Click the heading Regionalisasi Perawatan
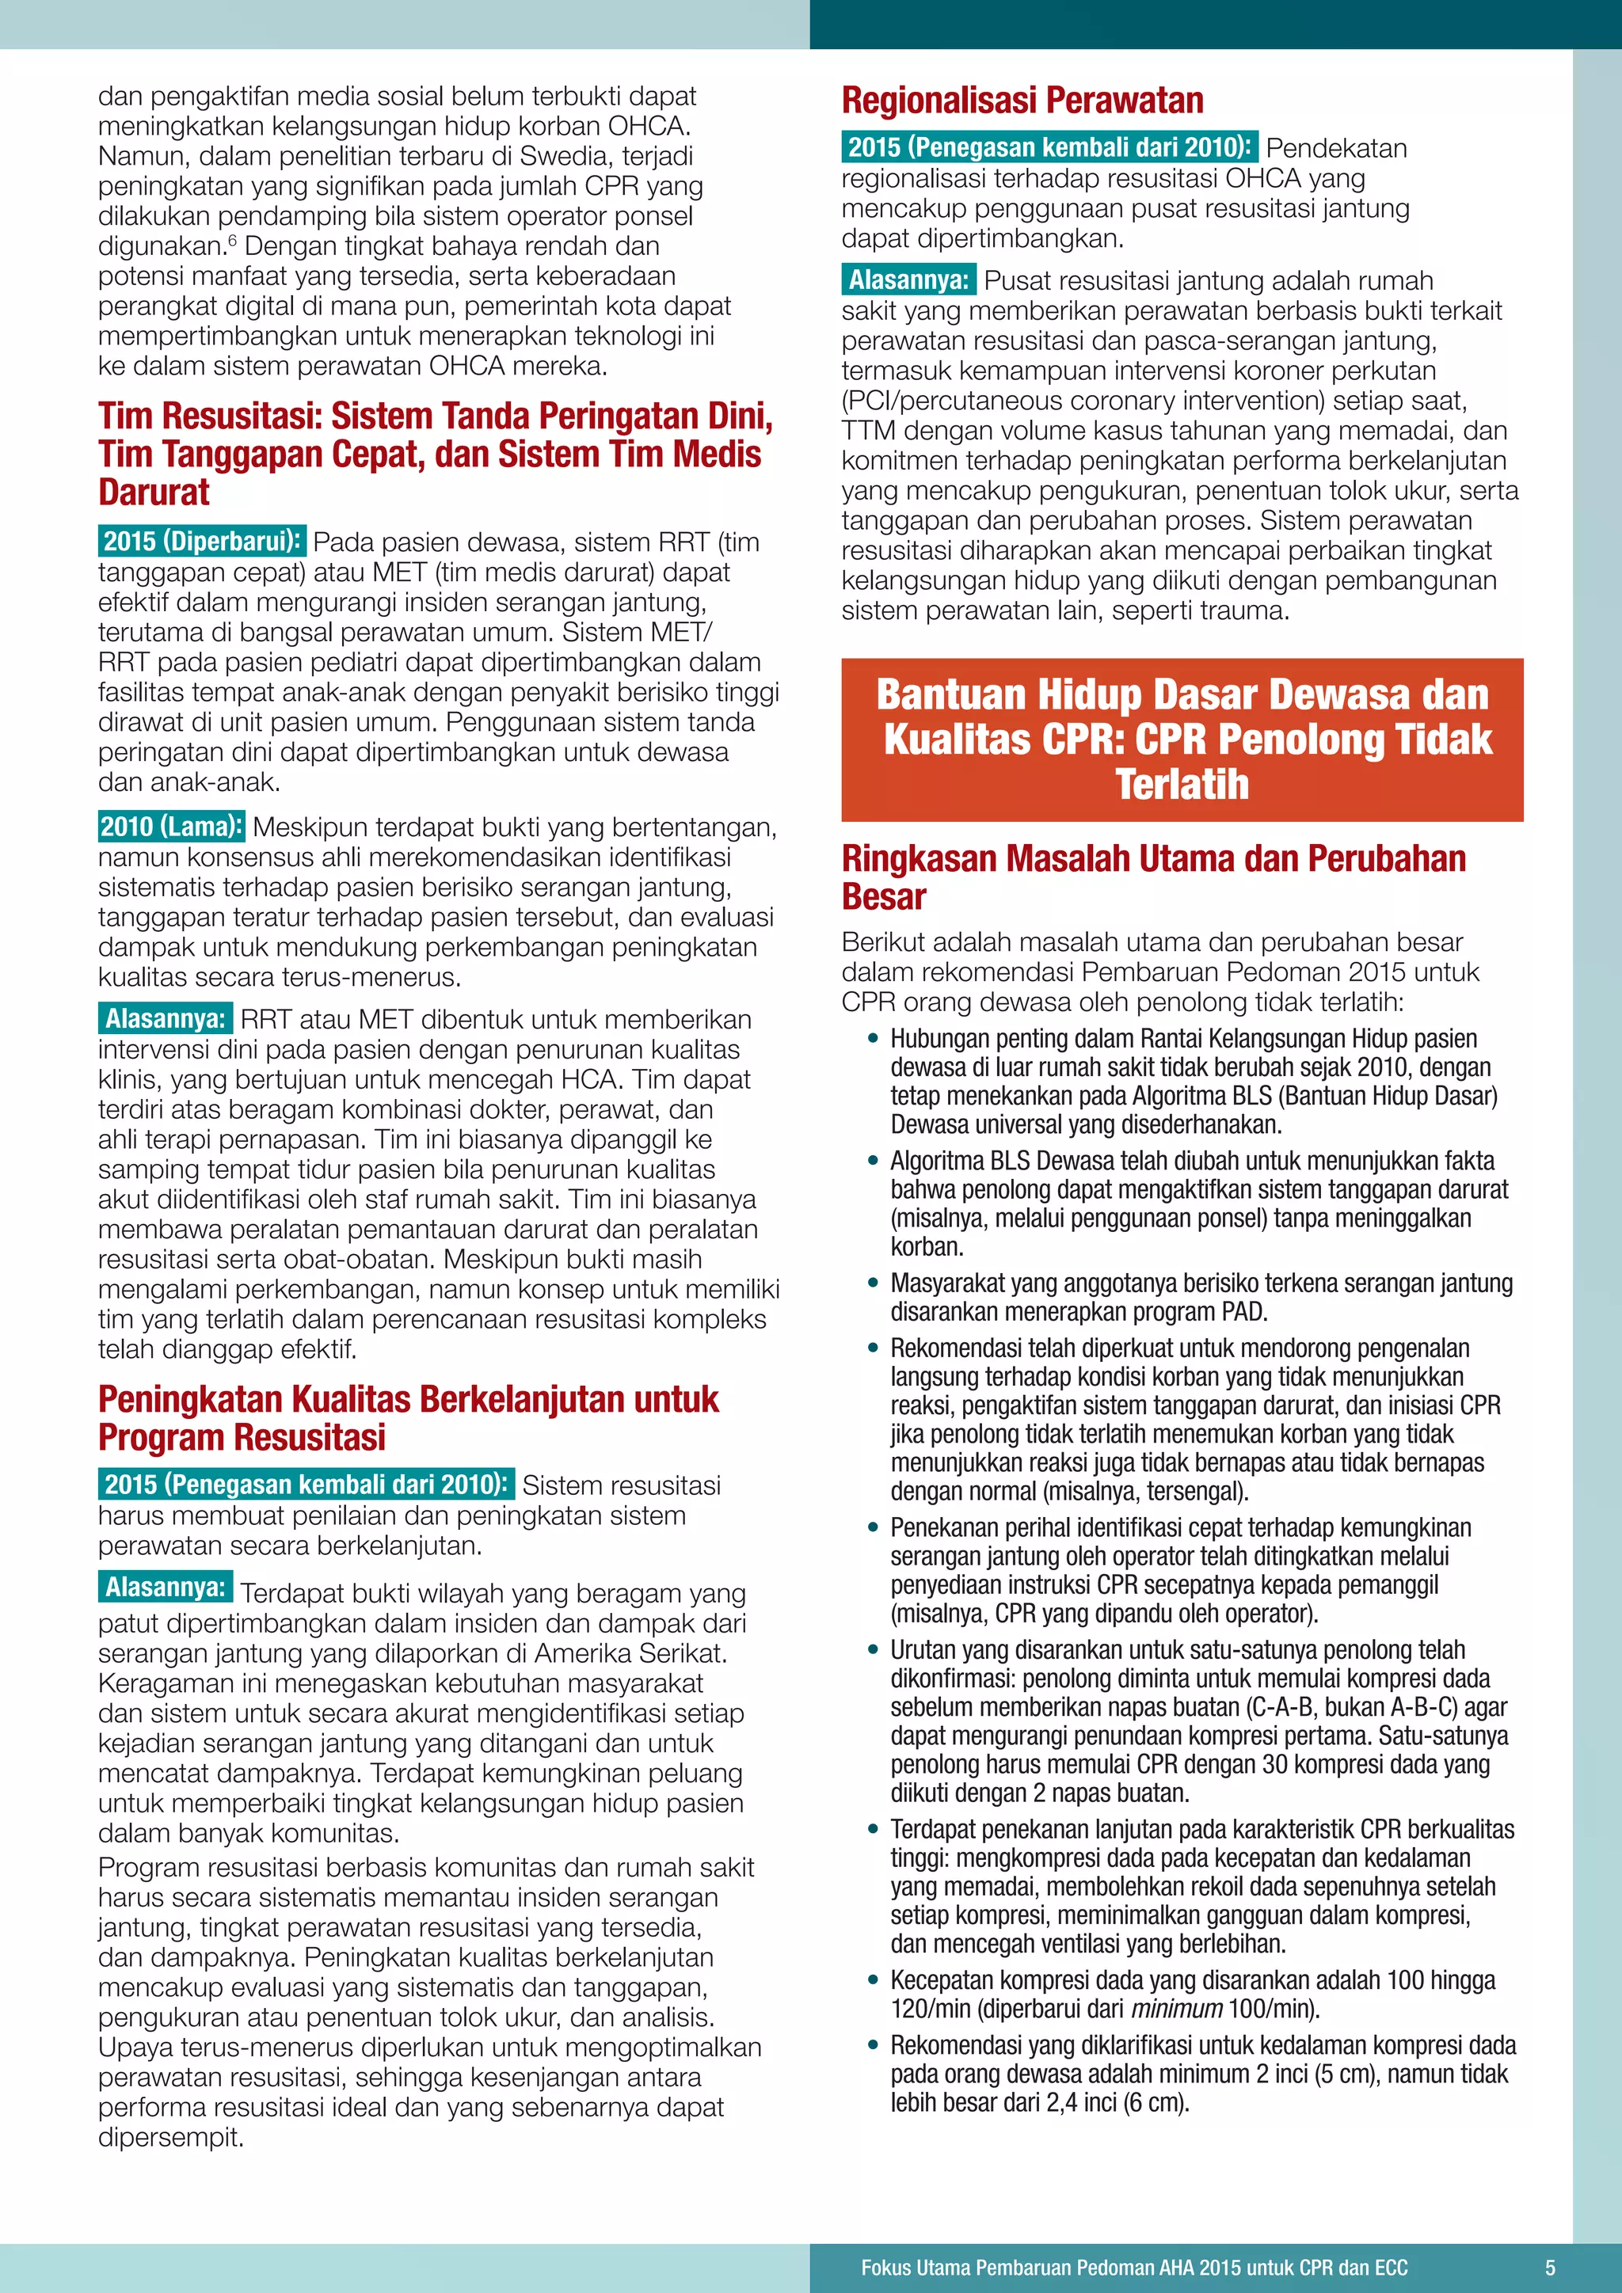coord(1022,101)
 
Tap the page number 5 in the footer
coord(1549,2267)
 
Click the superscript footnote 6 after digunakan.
coord(233,241)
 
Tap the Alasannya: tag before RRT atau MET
coord(166,1019)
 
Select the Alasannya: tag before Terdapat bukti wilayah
coord(166,1587)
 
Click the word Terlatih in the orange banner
coord(1182,785)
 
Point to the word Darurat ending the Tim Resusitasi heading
coord(154,492)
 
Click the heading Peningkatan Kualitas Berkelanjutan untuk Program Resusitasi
coord(408,1417)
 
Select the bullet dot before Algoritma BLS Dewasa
coord(874,1161)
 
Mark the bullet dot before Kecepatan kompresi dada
coord(874,1980)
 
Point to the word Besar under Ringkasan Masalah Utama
coord(883,897)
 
